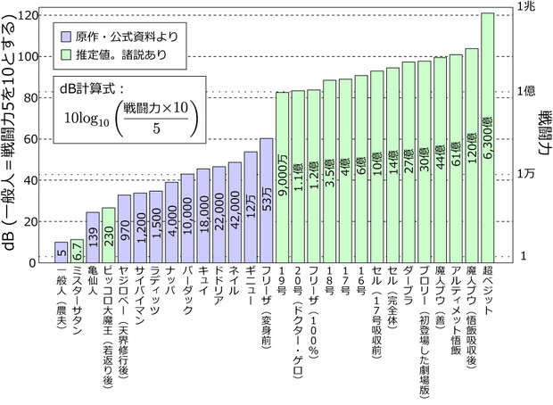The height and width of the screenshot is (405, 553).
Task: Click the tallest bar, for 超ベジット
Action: point(487,134)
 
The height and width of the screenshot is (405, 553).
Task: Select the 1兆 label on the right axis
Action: point(528,7)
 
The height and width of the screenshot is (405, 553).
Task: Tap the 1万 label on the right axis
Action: point(528,174)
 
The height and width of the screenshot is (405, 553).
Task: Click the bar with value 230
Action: point(108,236)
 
